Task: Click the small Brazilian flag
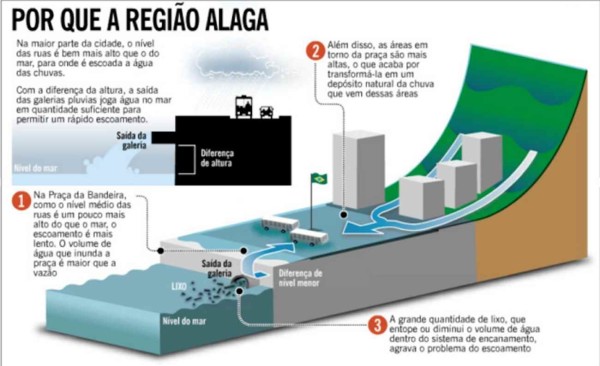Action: (x=320, y=179)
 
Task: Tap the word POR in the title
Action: (x=33, y=19)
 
